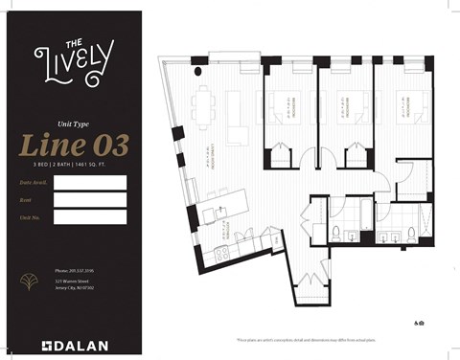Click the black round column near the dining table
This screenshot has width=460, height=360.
pos(197,72)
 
